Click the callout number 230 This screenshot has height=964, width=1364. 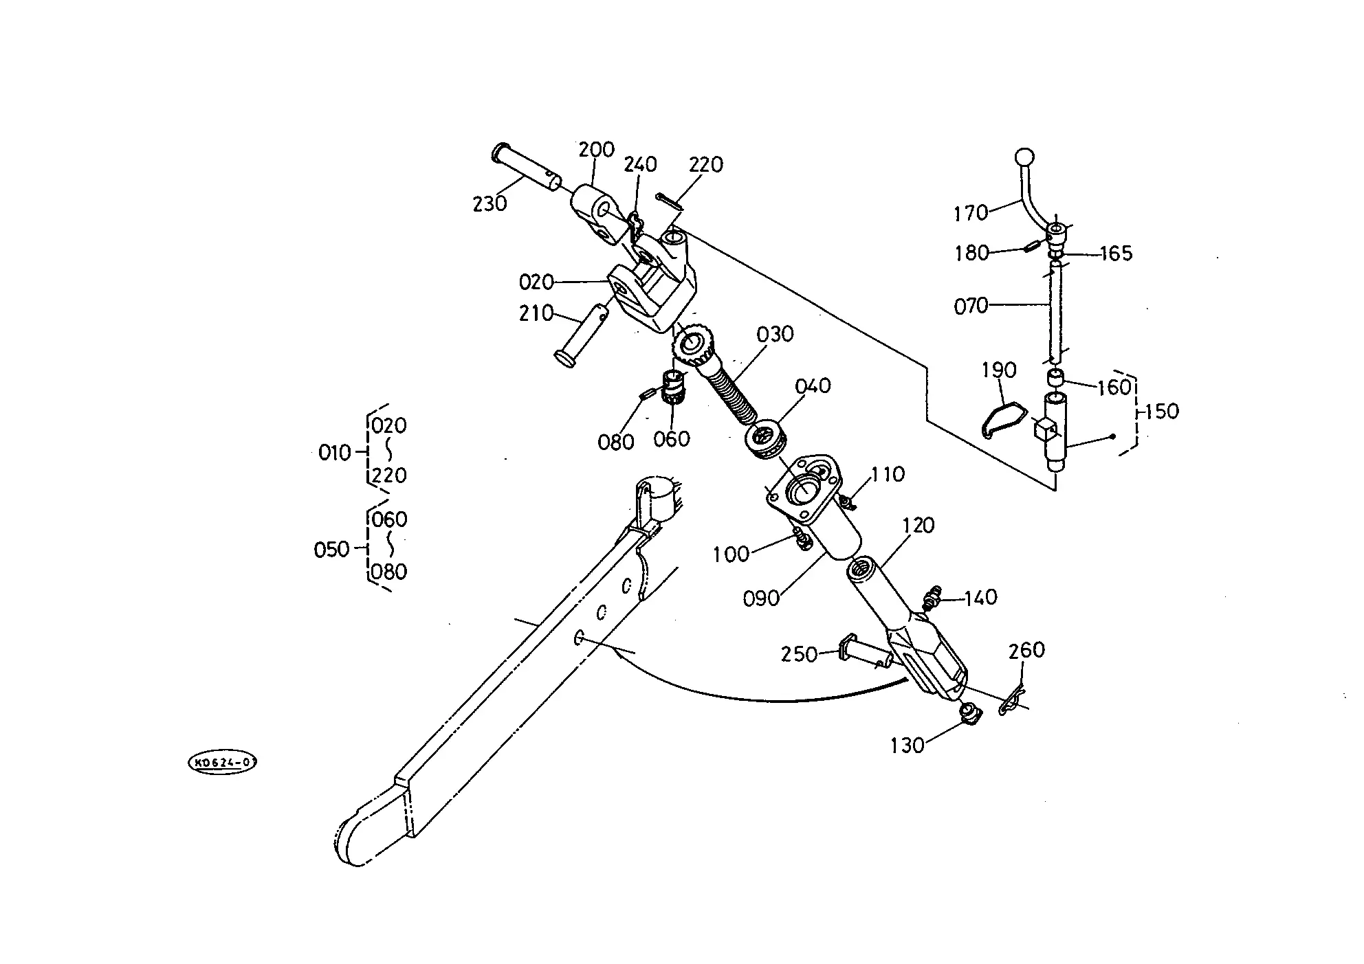[489, 203]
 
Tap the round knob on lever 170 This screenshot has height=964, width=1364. [1025, 157]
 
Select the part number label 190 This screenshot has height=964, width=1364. [999, 370]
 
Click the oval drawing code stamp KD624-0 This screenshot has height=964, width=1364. [221, 762]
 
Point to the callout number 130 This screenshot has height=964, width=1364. [907, 746]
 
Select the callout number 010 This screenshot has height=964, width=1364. [335, 453]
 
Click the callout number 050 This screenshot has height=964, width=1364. [331, 550]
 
